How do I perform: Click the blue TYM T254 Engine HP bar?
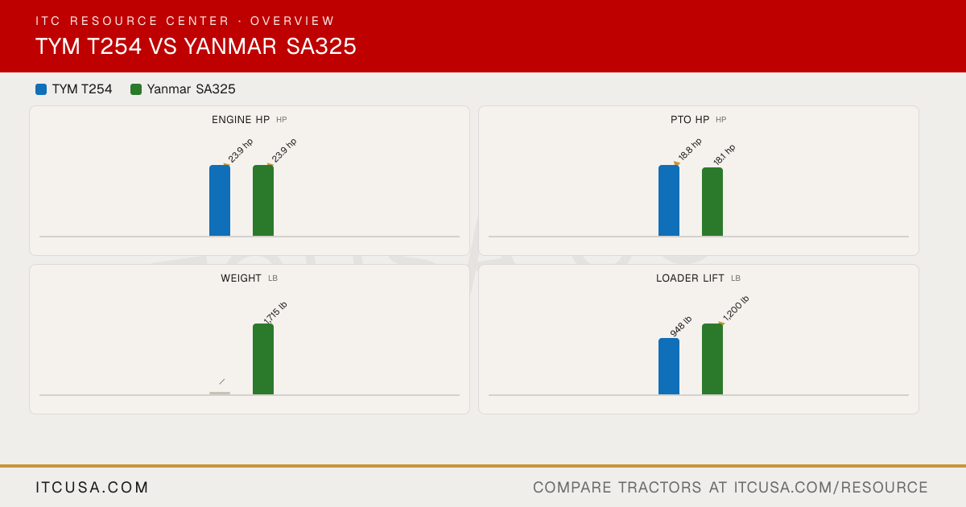220,200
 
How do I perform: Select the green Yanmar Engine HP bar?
263,200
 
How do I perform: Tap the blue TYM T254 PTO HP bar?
669,200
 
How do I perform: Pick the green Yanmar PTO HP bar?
712,202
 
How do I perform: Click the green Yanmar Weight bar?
263,359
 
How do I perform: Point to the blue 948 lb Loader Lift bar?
669,366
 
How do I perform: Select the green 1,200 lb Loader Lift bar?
712,359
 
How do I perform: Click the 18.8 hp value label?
690,149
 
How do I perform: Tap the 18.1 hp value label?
724,155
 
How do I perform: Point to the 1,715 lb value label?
275,313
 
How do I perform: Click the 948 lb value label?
680,327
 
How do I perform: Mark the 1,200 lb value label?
736,308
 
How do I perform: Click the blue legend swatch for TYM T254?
41,89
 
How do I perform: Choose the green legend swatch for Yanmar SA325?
136,89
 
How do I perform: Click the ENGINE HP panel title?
241,120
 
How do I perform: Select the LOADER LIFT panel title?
690,278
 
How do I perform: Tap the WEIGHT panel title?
241,278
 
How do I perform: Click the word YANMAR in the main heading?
230,46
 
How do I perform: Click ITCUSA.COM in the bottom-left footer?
92,487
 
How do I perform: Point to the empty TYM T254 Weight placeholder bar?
220,394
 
